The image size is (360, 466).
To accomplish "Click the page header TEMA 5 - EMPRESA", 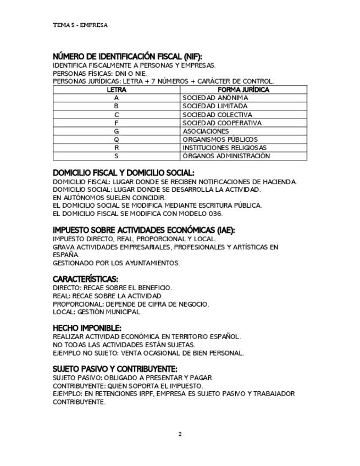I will point(80,25).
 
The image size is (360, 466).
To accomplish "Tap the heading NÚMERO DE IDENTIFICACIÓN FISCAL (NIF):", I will point(128,57).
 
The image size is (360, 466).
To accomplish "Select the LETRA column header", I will point(117,90).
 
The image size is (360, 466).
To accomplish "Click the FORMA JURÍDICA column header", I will point(243,90).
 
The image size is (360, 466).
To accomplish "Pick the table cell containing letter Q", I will point(117,140).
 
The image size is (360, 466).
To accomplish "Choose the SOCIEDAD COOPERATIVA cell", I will point(222,123).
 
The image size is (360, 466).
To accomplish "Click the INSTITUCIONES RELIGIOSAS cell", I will point(224,148).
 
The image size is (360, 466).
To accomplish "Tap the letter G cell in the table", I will point(117,131).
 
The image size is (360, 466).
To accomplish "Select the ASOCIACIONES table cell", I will point(206,131).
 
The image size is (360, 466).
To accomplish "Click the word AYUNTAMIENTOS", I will point(153,263).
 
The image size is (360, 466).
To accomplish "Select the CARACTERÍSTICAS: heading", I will point(85,279).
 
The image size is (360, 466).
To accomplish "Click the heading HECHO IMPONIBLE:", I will point(87,328).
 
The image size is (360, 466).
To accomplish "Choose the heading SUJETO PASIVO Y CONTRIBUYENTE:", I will point(115,369).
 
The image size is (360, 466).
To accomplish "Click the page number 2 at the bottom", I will point(180,434).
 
